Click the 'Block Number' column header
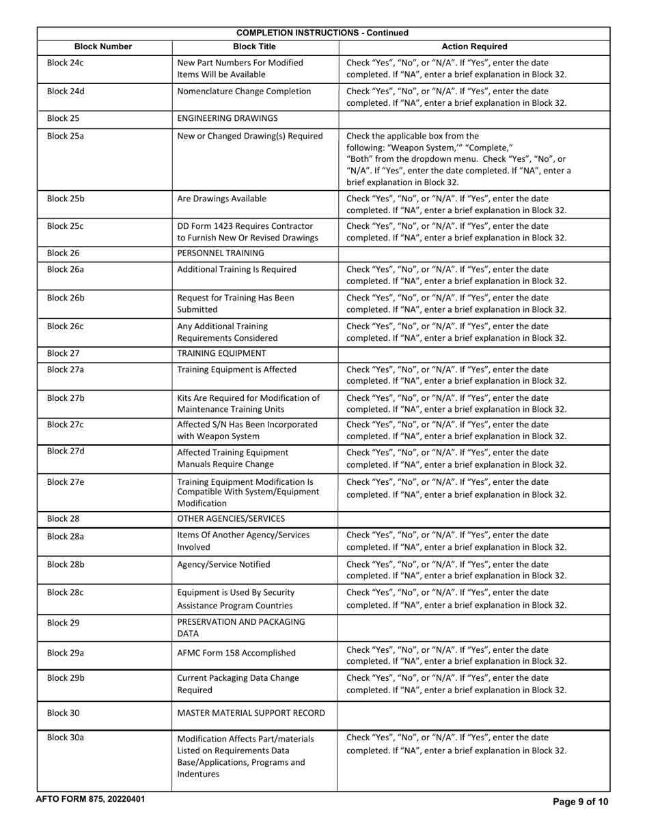103,46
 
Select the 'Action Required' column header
474,46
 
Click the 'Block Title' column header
254,46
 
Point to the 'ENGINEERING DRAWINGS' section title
227,118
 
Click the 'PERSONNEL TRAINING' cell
221,253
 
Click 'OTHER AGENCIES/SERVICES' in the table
231,519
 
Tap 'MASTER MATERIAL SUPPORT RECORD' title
251,714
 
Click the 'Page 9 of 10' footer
580,802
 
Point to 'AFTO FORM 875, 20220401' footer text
90,799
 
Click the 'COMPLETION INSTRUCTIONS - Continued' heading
322,33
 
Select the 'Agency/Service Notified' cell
223,564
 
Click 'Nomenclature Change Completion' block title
244,91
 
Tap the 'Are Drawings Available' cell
222,199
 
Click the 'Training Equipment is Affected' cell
236,369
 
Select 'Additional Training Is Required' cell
236,269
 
